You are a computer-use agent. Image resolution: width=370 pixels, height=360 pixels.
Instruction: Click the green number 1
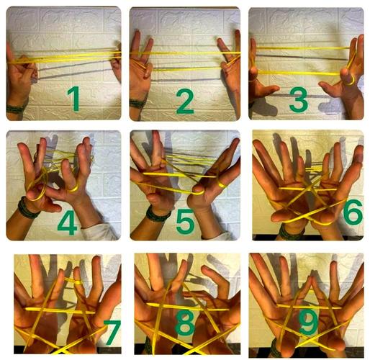pos(75,99)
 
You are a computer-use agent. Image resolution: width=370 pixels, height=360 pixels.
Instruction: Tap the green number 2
pos(185,101)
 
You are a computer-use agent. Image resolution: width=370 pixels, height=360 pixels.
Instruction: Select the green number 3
pos(299,100)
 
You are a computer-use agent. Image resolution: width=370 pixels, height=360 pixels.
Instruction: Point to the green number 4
pos(68,222)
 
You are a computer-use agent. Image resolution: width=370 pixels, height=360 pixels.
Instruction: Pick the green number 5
pos(185,221)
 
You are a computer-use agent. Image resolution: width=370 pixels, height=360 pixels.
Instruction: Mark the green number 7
pos(112,333)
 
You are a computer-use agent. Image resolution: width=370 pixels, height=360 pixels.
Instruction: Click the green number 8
pos(185,323)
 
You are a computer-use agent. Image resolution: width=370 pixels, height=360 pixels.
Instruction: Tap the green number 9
pos(308,322)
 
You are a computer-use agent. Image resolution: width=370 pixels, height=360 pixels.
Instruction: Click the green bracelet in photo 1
pos(16,109)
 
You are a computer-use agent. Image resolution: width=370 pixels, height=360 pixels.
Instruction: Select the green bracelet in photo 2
pos(138,103)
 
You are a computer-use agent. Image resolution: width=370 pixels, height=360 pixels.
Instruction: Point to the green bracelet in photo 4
pos(27,208)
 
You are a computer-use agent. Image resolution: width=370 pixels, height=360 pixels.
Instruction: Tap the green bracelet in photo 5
pos(157,215)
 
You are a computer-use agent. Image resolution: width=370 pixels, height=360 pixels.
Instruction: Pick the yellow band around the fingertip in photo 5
pos(222,184)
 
